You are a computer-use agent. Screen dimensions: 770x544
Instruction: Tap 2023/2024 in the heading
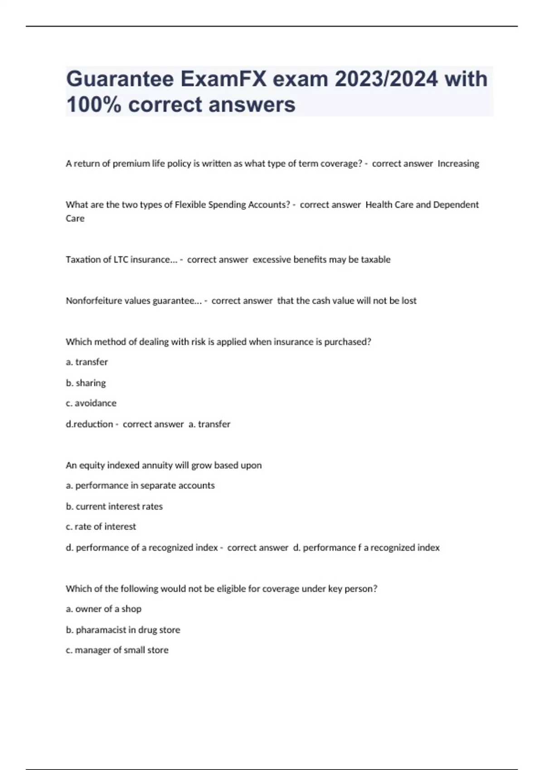(386, 79)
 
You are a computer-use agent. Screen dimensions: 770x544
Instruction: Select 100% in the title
(93, 105)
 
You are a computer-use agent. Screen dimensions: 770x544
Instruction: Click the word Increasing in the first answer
(458, 164)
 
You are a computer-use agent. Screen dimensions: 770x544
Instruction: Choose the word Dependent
(456, 205)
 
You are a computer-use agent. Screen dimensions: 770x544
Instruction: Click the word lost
(409, 301)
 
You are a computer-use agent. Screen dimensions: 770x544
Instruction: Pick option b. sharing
(86, 383)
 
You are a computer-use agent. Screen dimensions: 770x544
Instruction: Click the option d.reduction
(89, 424)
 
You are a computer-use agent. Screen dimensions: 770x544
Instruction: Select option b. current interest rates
(114, 506)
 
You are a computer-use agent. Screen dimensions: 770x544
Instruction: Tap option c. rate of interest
(101, 527)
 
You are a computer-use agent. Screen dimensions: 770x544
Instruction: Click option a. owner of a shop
(103, 609)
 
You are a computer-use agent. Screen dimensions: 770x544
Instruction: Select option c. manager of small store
(117, 650)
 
